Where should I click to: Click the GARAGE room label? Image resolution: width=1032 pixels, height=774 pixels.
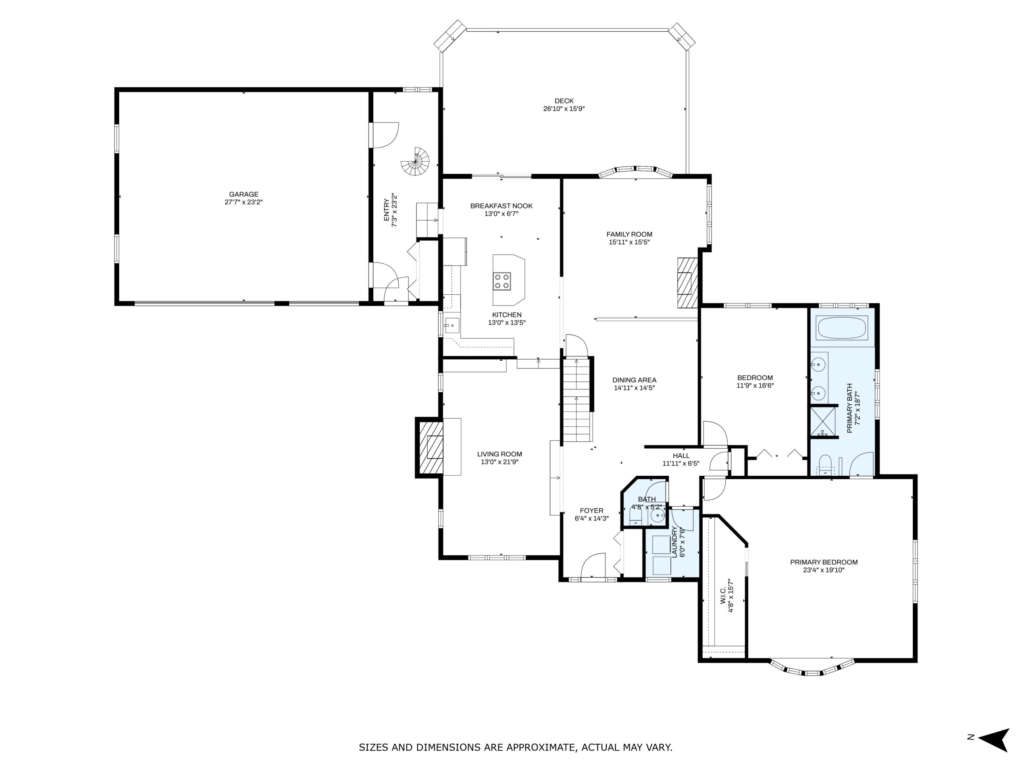point(243,195)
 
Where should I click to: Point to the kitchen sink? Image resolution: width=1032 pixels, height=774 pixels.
point(452,325)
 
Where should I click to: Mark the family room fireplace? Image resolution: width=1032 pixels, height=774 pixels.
point(688,283)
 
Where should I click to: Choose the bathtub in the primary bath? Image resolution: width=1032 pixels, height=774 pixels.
point(842,327)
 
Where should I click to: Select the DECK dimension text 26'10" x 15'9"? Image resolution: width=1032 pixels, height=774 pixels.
point(564,109)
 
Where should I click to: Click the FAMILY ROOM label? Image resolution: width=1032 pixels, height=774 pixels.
point(629,234)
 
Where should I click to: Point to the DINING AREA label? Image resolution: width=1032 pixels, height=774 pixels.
point(635,380)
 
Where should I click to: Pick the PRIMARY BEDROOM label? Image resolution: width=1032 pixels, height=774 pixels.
point(824,562)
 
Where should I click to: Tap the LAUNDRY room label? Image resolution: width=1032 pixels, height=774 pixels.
point(674,542)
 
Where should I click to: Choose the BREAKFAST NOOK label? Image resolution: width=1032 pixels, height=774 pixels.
point(501,206)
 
